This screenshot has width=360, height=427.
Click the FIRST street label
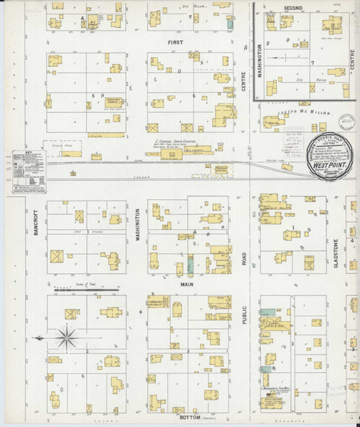click(x=175, y=43)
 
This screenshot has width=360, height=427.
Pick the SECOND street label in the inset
click(x=292, y=8)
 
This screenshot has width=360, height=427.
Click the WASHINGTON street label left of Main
click(x=137, y=226)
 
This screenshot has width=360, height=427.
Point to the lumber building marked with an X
click(x=188, y=129)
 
